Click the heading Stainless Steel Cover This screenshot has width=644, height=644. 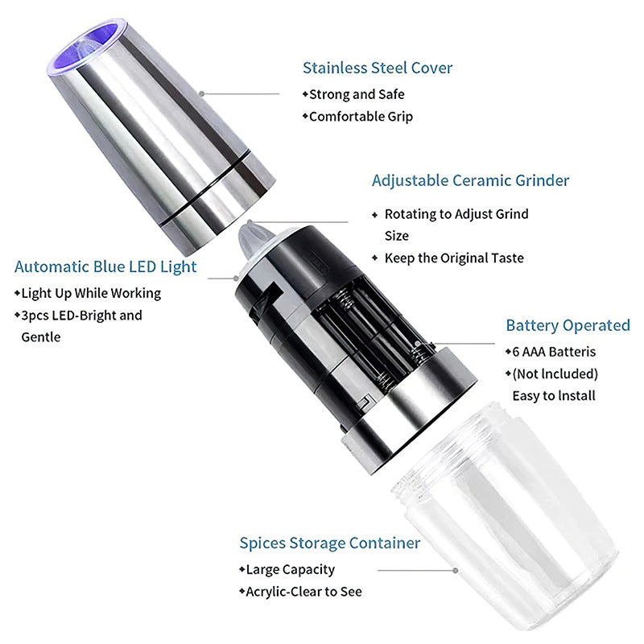pos(378,68)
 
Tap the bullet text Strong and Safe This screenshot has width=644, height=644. pos(357,94)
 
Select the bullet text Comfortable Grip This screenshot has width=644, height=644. pos(361,117)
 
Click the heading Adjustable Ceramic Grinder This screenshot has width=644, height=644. pos(471,180)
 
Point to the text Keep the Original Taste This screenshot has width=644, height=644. pos(454,258)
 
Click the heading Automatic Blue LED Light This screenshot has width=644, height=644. pos(105,267)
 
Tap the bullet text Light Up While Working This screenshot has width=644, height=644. pos(91,294)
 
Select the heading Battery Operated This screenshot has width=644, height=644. pos(568,325)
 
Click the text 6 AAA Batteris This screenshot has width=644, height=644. pos(554,352)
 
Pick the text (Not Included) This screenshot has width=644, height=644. pos(555,374)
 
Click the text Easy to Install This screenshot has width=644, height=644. pos(554,396)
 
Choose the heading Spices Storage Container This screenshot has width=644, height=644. pos(330,543)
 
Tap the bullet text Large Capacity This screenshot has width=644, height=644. pos(290,570)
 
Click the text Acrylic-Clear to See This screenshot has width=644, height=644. pos(303,592)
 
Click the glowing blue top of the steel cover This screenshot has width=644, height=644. pos(87,45)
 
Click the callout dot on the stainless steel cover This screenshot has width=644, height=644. pos(202,93)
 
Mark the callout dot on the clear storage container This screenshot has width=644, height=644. pos(455,571)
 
